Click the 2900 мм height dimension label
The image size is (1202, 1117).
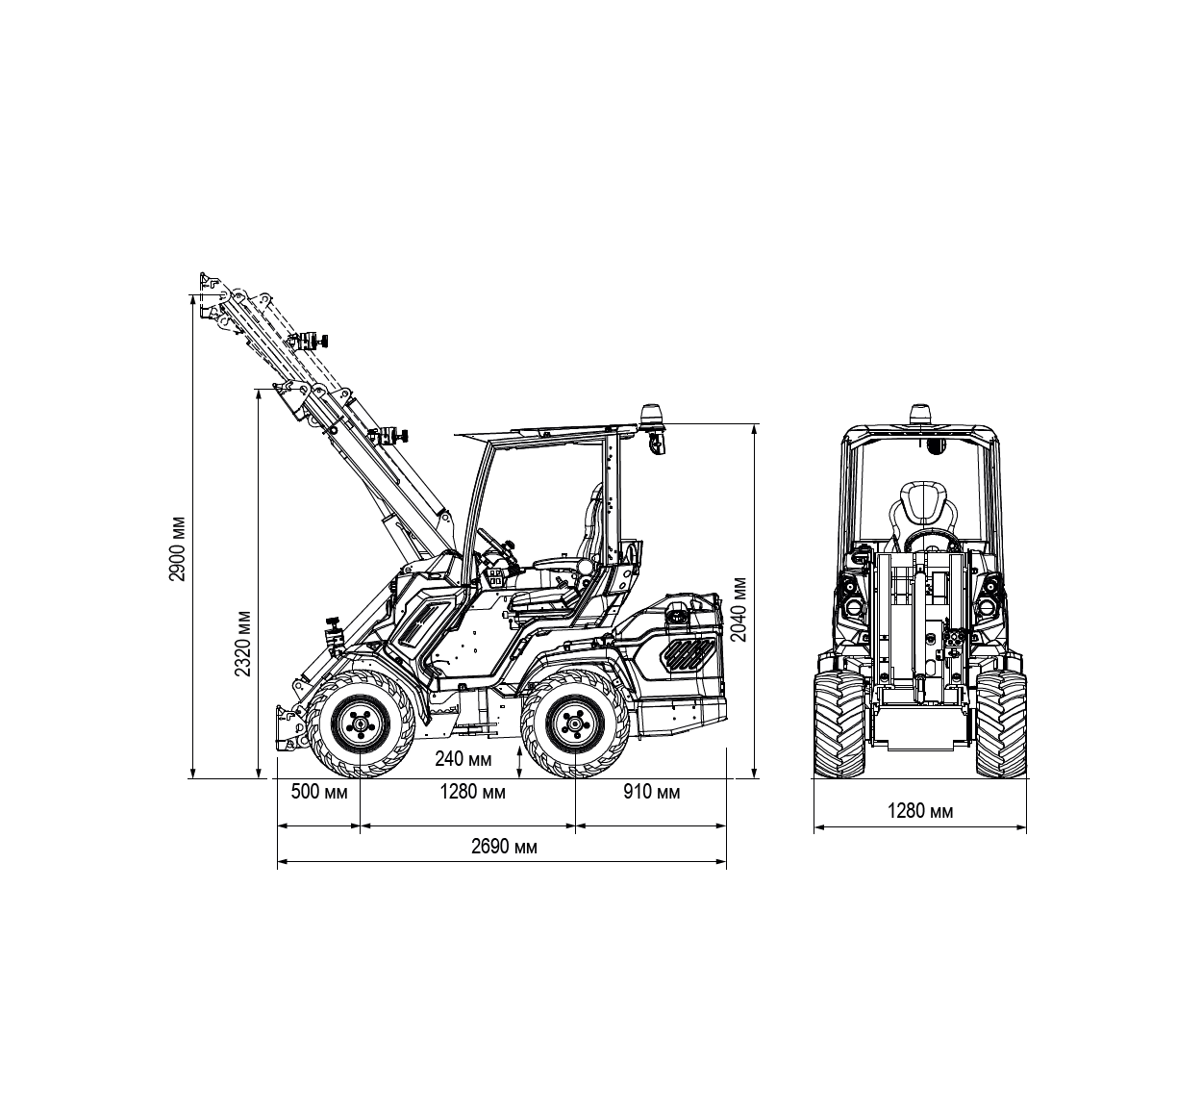pos(177,549)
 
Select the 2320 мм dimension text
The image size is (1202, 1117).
pos(243,644)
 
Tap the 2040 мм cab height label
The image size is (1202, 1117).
pos(739,610)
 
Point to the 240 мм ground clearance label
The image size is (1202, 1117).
pos(463,758)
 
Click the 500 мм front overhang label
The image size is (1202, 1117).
pos(319,792)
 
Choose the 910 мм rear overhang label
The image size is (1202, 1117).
pos(651,792)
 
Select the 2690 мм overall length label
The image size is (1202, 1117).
pos(504,847)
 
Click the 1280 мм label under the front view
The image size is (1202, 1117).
pos(920,810)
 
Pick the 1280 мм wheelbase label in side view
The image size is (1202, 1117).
pos(472,792)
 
